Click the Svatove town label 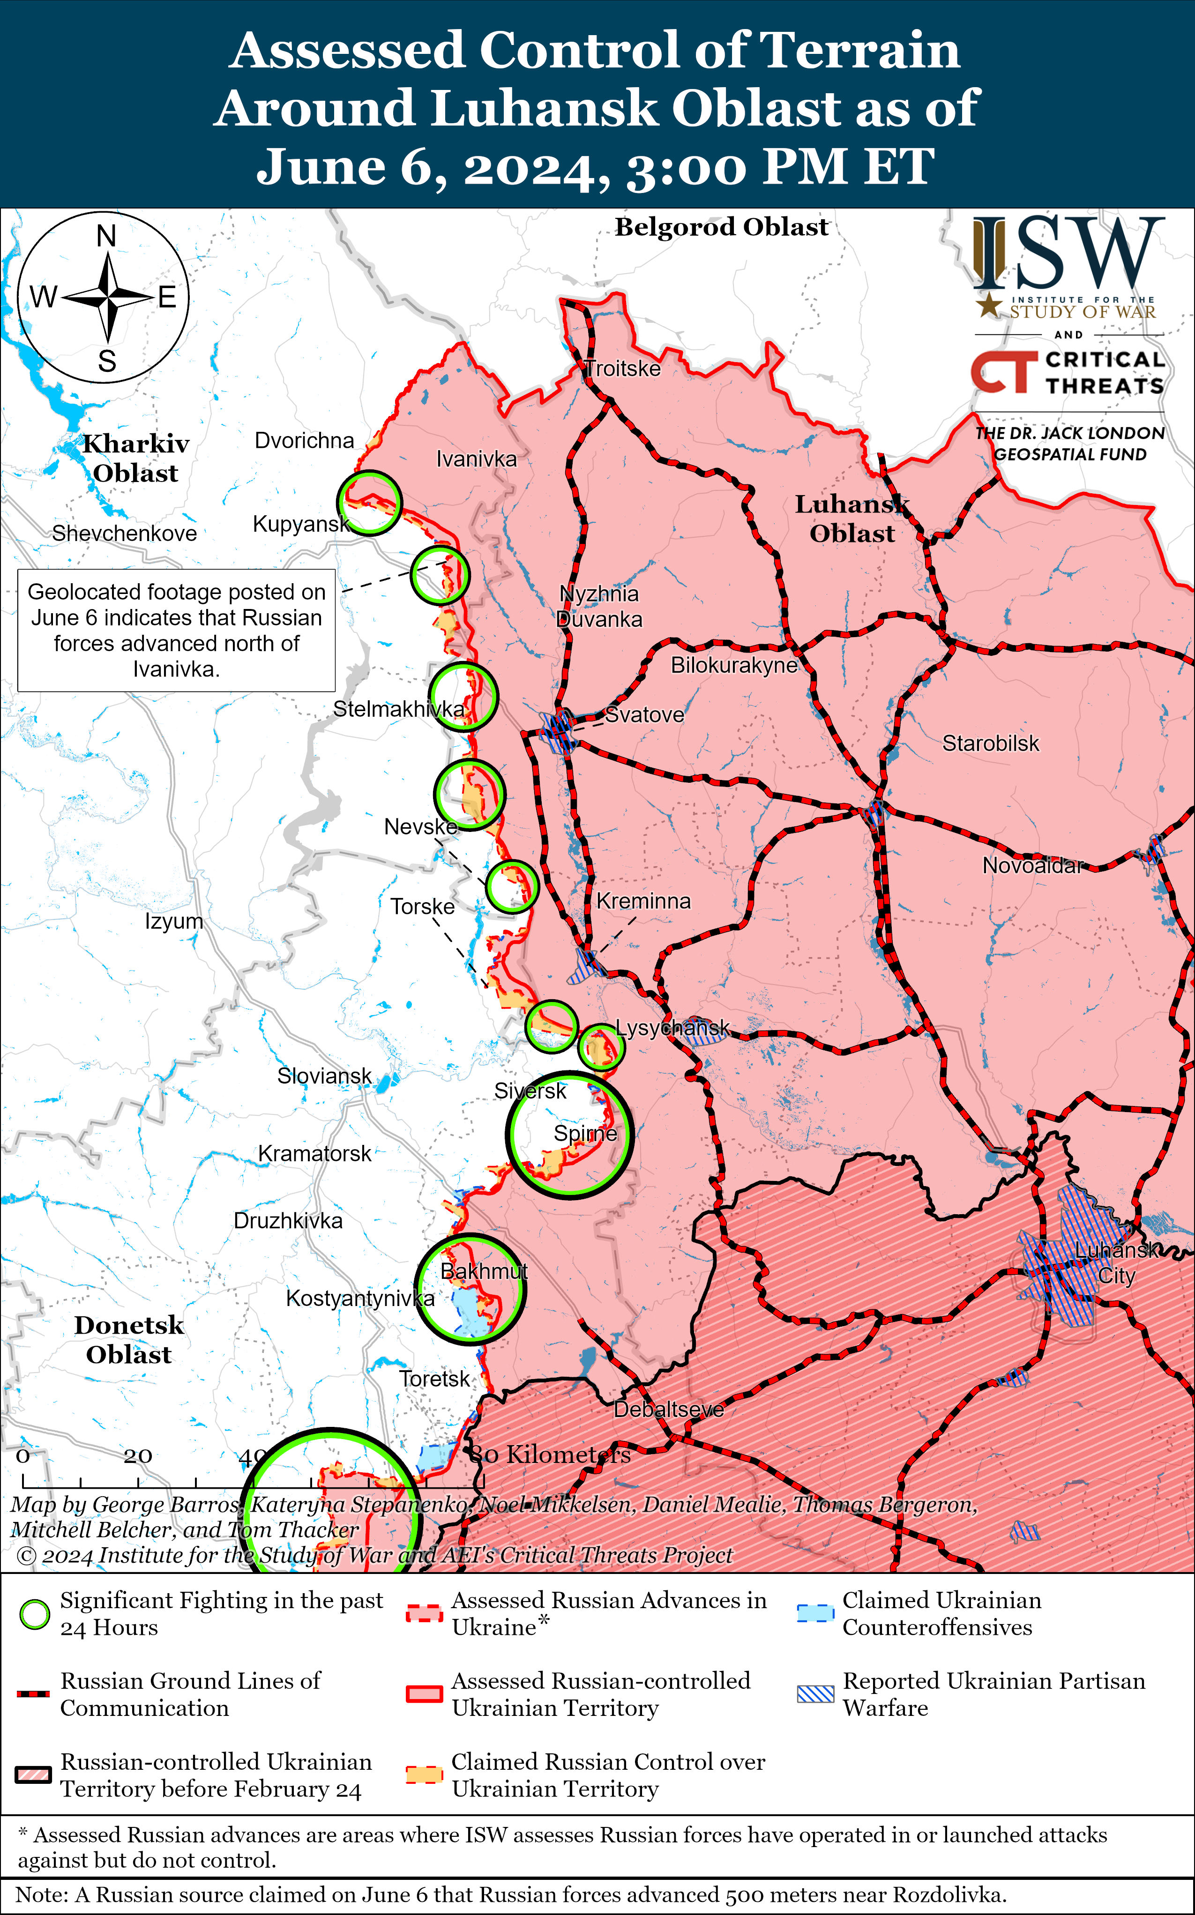coord(644,715)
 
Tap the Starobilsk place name coord(990,743)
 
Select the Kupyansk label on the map coord(300,524)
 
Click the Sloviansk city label coord(324,1076)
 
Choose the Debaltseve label coord(669,1410)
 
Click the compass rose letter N coord(106,236)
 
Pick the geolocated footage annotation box coord(176,631)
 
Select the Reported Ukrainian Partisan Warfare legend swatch coord(815,1694)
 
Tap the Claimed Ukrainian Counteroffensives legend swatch coord(815,1613)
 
